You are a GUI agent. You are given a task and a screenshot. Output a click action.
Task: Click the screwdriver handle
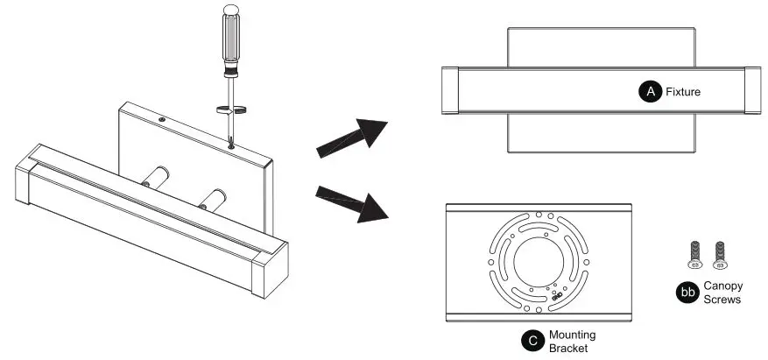(233, 40)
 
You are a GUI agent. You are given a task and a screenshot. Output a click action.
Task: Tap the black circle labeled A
(649, 90)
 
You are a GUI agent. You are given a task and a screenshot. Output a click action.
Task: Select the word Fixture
(684, 90)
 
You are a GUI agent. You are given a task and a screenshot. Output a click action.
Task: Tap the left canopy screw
(695, 251)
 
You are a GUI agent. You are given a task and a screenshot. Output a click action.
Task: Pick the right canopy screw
(720, 251)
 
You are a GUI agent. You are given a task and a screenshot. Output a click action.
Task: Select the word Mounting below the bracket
(573, 335)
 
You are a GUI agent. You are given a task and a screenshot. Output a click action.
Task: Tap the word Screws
(722, 300)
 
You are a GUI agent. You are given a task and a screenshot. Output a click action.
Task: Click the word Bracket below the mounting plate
(569, 348)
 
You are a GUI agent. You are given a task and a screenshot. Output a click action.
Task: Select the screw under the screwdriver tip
(230, 145)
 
